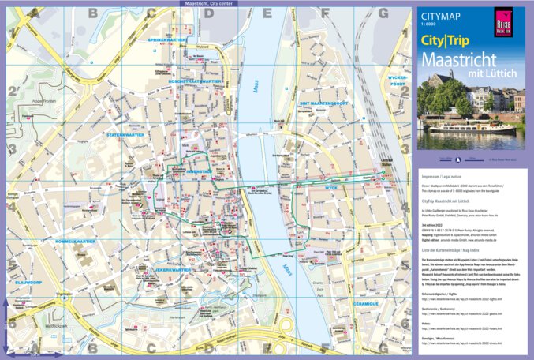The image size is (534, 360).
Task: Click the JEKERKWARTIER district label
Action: pos(174,270)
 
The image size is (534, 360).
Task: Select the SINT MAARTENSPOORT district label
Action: pos(323,103)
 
